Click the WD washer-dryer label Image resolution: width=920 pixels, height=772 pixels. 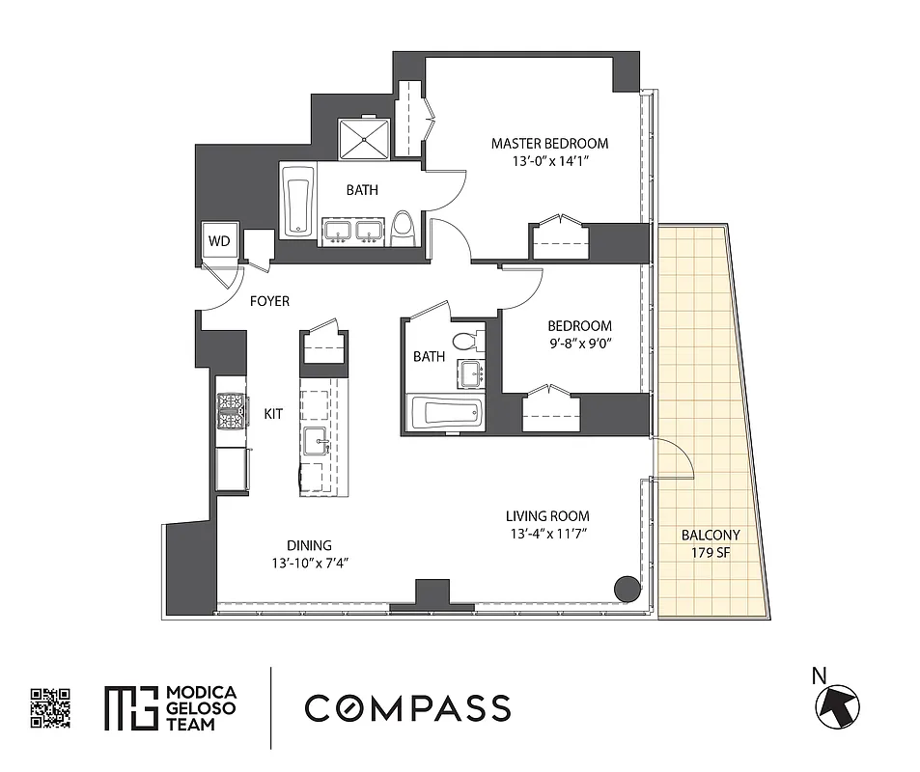[219, 241]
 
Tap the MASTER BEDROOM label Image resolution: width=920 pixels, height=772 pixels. [549, 144]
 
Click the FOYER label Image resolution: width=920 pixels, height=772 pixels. [269, 301]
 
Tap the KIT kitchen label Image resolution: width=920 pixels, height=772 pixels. [273, 413]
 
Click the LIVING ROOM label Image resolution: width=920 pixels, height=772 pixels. [547, 515]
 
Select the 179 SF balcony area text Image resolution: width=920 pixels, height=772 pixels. [710, 552]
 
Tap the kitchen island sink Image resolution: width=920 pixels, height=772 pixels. [317, 442]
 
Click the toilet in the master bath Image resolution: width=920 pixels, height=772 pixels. [404, 229]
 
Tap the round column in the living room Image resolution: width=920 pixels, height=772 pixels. [627, 587]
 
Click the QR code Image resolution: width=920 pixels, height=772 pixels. [50, 707]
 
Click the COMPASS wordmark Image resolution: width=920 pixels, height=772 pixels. [407, 707]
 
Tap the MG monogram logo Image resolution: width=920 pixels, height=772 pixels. [129, 708]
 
